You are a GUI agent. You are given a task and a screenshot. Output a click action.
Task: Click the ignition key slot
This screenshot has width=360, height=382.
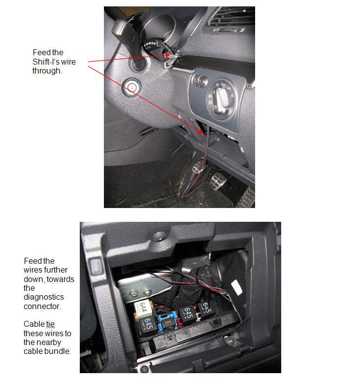click(131, 87)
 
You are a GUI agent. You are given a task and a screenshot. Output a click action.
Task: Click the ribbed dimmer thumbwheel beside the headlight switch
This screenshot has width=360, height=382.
click(199, 80)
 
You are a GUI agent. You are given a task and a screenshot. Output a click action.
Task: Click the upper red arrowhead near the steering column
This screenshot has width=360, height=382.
click(167, 55)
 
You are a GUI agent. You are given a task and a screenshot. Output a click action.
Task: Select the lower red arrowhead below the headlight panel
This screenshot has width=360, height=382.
click(200, 132)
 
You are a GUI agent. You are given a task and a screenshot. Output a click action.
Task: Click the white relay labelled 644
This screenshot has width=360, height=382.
click(143, 309)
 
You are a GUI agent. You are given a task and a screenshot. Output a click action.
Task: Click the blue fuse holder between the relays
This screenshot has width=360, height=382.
click(168, 321)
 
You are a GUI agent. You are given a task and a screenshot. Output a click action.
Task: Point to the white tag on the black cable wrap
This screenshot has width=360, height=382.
click(236, 287)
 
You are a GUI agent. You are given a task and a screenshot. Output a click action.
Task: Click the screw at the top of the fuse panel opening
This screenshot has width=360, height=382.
click(159, 236)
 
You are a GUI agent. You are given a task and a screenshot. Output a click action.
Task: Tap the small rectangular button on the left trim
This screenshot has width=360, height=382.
click(96, 266)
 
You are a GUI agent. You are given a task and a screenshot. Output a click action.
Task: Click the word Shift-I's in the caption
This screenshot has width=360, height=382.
click(45, 62)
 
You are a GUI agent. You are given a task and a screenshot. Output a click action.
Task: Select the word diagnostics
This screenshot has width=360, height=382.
click(44, 297)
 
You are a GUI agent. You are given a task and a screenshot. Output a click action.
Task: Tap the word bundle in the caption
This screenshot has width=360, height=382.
click(58, 351)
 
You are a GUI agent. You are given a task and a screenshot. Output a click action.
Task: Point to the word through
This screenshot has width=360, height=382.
click(47, 71)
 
